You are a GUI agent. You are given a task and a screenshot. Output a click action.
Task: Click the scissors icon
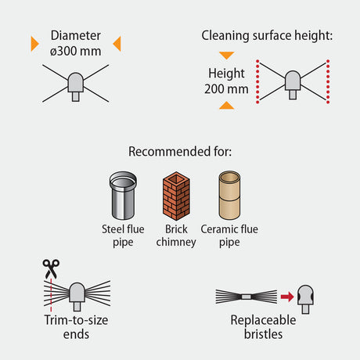(51, 268)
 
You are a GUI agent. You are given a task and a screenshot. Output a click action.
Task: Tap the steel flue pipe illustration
(123, 196)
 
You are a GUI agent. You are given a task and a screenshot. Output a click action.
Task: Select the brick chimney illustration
(176, 196)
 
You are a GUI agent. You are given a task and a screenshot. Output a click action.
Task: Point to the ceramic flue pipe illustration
(229, 195)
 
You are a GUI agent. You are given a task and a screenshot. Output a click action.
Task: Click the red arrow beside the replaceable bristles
(287, 297)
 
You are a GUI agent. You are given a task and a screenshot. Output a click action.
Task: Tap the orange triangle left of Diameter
(34, 44)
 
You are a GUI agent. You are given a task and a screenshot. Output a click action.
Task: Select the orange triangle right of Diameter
(117, 44)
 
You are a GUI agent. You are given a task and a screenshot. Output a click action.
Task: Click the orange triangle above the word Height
(226, 56)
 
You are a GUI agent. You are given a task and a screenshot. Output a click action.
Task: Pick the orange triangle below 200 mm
(226, 105)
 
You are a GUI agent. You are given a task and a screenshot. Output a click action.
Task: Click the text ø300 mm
(76, 51)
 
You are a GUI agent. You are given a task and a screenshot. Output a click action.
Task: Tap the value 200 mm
(226, 89)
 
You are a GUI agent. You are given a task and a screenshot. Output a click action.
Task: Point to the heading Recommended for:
(180, 152)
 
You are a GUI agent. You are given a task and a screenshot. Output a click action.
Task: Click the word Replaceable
(263, 320)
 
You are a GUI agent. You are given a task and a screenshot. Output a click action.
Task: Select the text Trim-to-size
(76, 320)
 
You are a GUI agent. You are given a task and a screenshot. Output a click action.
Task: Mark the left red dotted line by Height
(257, 81)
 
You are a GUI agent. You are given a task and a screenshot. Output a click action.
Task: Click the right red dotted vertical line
(328, 81)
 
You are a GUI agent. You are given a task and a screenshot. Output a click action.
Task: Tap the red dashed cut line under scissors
(51, 295)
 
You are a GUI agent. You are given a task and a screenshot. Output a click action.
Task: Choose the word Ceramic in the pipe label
(219, 229)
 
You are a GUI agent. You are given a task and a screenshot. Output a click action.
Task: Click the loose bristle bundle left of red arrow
(247, 297)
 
